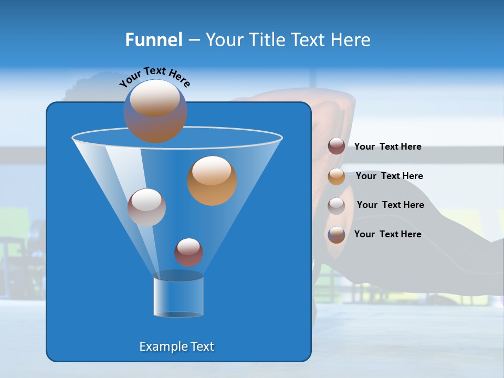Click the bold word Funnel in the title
click(x=153, y=40)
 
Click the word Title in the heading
click(x=266, y=40)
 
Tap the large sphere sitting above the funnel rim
click(x=155, y=111)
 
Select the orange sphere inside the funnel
click(x=212, y=181)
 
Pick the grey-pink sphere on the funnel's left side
click(x=146, y=207)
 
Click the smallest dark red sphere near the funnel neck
click(x=188, y=253)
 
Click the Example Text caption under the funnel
click(x=177, y=346)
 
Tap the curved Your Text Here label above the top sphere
click(x=154, y=77)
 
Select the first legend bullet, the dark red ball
click(x=337, y=146)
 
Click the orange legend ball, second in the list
click(x=337, y=176)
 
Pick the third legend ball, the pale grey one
click(x=337, y=206)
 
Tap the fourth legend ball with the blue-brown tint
click(x=337, y=235)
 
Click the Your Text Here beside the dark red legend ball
click(x=387, y=147)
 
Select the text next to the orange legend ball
click(x=389, y=176)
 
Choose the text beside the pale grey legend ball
click(x=390, y=205)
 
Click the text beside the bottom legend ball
click(x=387, y=234)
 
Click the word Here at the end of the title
click(x=351, y=40)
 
